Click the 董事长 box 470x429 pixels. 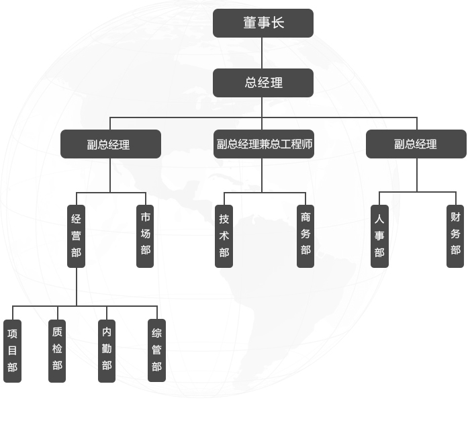tap(263, 23)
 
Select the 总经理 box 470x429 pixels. tap(263, 83)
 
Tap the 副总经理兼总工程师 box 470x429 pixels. tap(264, 144)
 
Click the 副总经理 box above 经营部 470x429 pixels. tap(111, 144)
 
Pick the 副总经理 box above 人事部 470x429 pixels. tap(416, 144)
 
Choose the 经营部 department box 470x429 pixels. tap(77, 236)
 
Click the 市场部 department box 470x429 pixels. tap(145, 236)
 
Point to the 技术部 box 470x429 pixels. tap(224, 236)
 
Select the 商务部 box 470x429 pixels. tap(305, 236)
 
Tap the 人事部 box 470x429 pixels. tap(379, 236)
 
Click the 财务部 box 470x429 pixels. tap(455, 236)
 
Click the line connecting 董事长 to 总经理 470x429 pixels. tap(263, 53)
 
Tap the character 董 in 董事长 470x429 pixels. tap(250, 23)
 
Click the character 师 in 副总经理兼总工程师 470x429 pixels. tap(308, 144)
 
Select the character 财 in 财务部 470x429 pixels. tap(455, 217)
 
